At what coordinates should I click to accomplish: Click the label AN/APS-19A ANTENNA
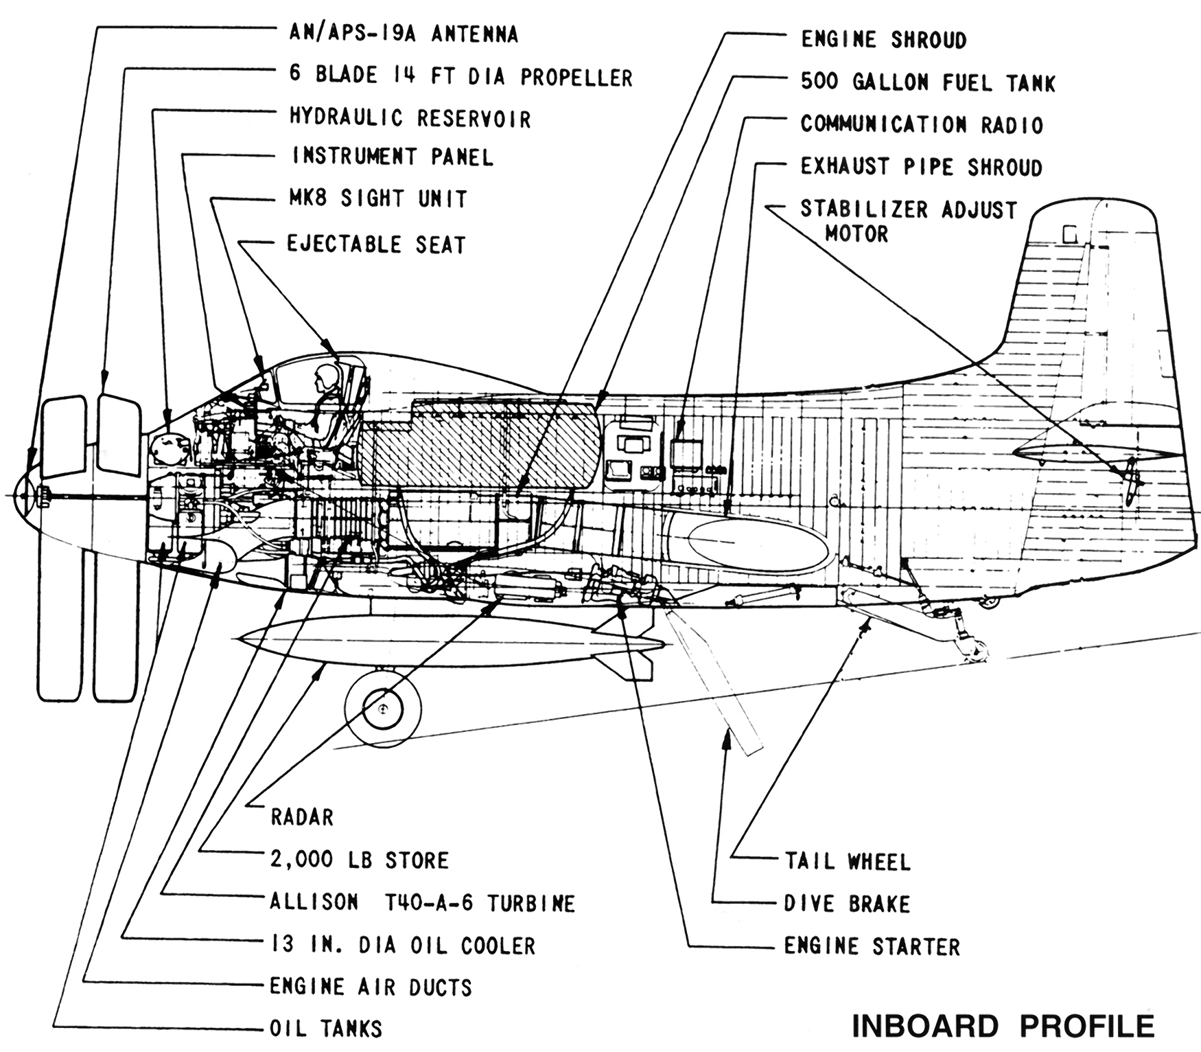(404, 34)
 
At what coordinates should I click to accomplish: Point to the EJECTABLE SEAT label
(376, 244)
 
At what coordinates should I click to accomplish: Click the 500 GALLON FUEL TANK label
(928, 82)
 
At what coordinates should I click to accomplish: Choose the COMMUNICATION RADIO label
(922, 124)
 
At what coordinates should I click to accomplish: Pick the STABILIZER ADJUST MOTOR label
(908, 221)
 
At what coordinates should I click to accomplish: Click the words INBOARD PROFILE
(1003, 1026)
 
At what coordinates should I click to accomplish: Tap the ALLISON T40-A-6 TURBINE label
(423, 902)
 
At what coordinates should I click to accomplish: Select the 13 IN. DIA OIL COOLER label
(403, 945)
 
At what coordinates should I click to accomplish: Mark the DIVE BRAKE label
(847, 903)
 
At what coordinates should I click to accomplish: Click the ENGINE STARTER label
(872, 946)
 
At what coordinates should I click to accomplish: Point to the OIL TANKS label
(326, 1028)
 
